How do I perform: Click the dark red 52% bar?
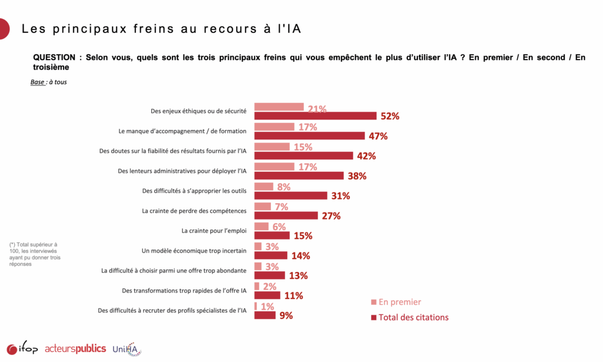[x=315, y=116]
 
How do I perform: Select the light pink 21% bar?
[x=279, y=107]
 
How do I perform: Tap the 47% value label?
[x=378, y=136]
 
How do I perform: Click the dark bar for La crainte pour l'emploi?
[x=271, y=235]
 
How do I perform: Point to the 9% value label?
[x=286, y=315]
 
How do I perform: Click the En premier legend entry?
[x=399, y=302]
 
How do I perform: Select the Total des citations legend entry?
[x=413, y=317]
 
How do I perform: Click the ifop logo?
[x=22, y=349]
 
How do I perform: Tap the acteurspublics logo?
[x=75, y=348]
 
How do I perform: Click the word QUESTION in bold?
[x=54, y=58]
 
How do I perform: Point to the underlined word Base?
[x=37, y=82]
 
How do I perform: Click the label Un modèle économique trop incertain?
[x=194, y=250]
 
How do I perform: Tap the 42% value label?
[x=366, y=156]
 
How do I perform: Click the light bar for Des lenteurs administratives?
[x=274, y=167]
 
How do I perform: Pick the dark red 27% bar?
[x=286, y=215]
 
